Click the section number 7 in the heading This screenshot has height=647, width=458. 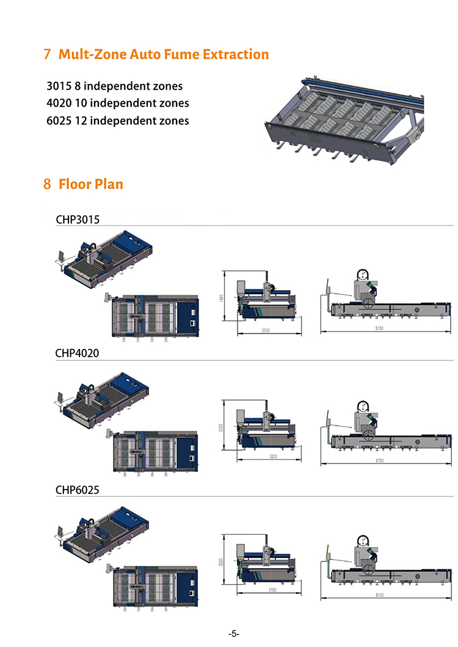pyautogui.click(x=47, y=54)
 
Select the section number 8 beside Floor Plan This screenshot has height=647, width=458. pyautogui.click(x=47, y=184)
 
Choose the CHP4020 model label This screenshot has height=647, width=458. pyautogui.click(x=77, y=353)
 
